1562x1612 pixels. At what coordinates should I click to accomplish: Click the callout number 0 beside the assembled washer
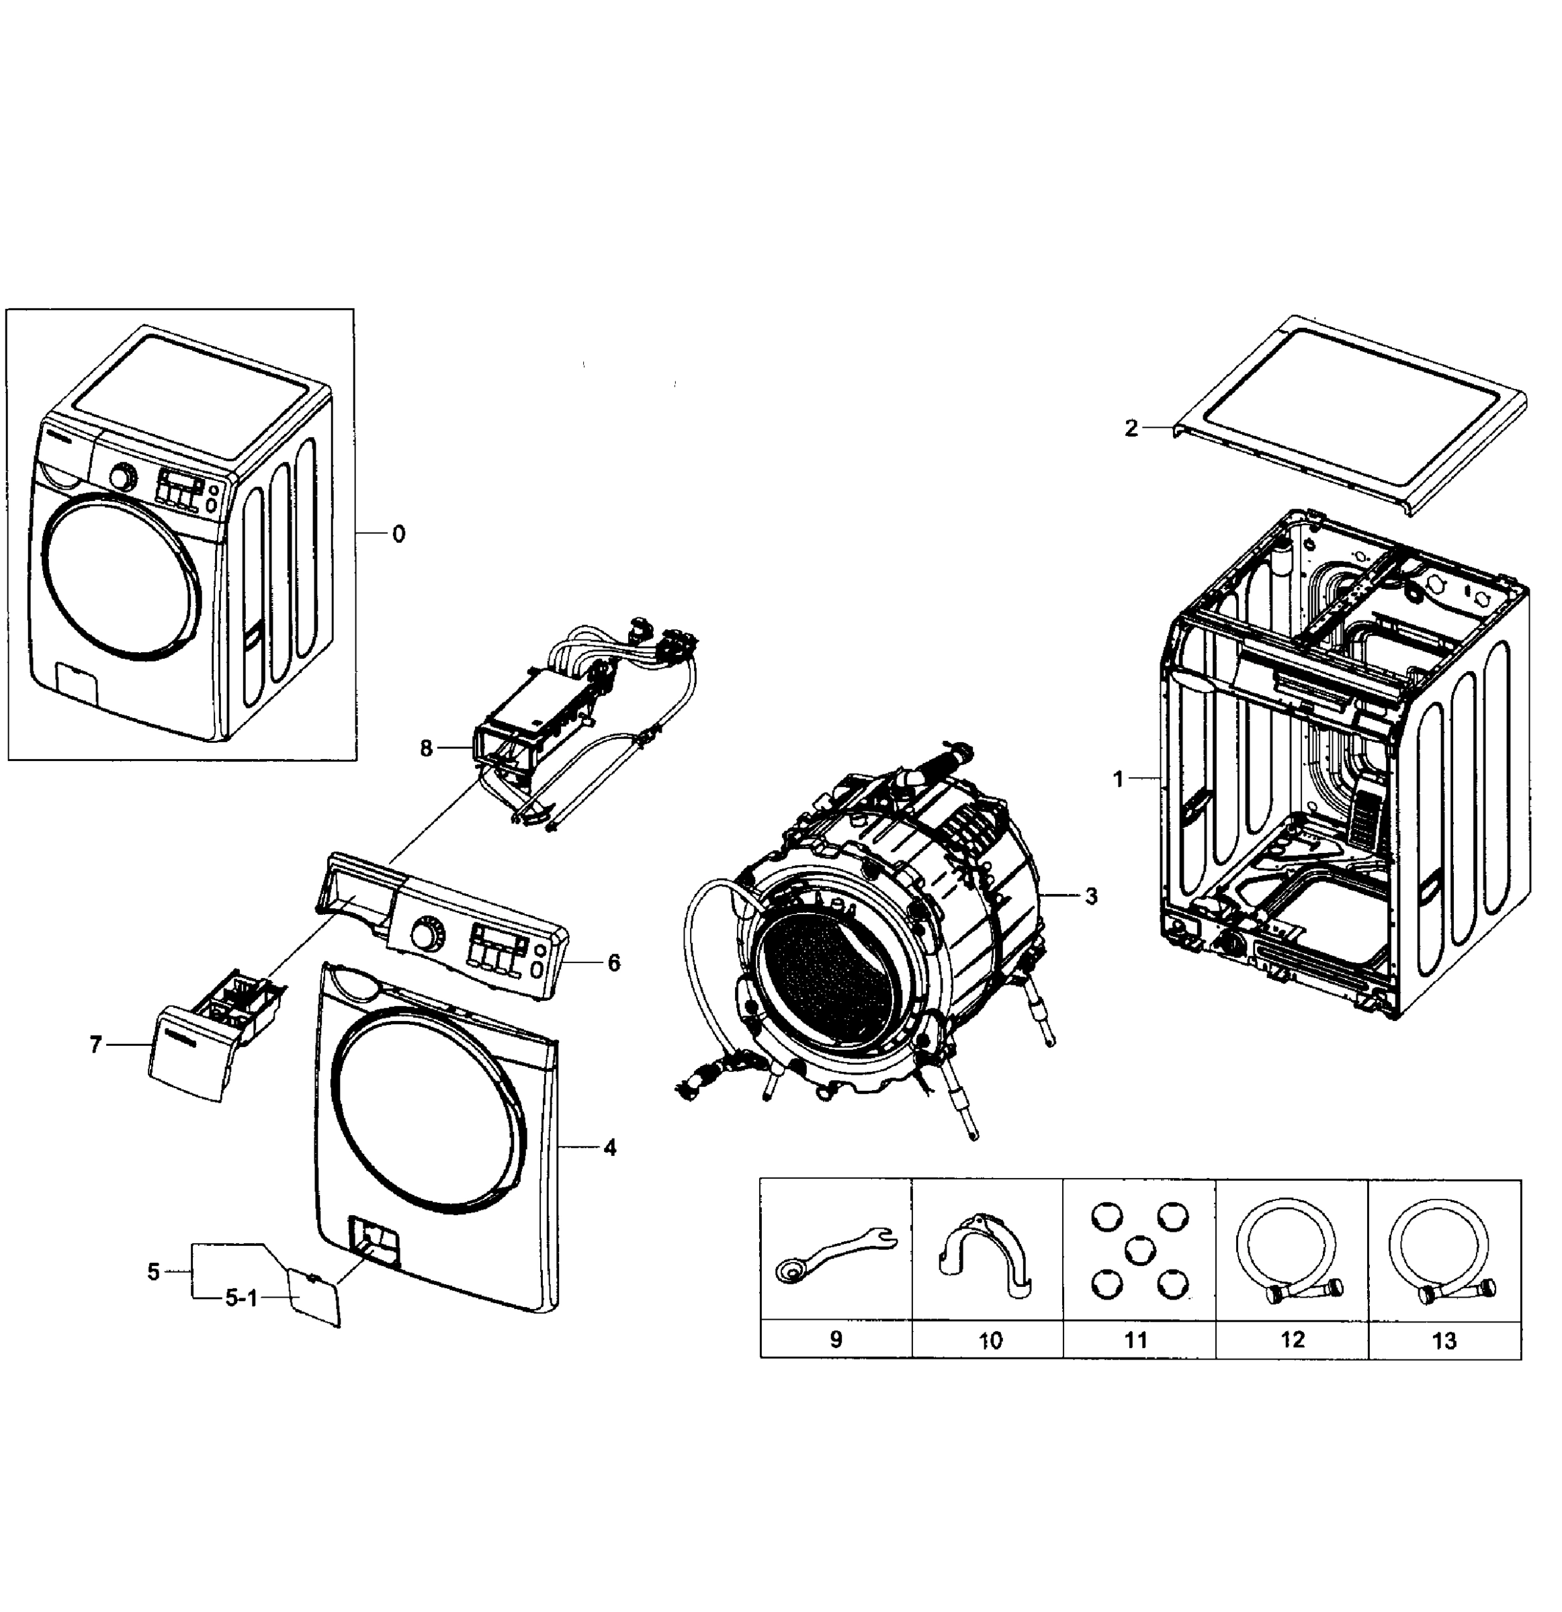click(398, 535)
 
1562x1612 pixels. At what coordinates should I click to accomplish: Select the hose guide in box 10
click(986, 1256)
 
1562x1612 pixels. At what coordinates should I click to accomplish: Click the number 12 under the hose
click(1292, 1340)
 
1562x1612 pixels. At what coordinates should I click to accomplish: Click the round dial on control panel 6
click(425, 936)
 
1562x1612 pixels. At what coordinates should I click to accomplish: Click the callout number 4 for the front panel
click(609, 1147)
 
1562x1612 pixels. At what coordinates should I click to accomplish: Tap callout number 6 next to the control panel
click(613, 962)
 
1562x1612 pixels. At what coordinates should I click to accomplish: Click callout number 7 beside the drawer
click(95, 1044)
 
